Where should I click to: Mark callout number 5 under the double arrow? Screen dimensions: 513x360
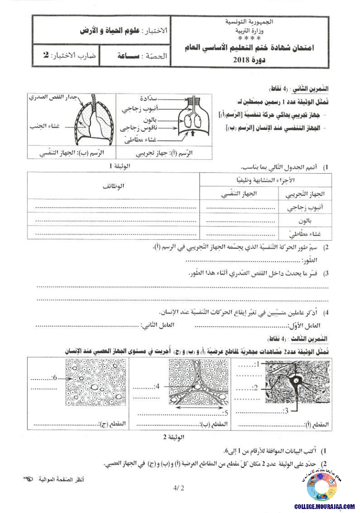pos(225,413)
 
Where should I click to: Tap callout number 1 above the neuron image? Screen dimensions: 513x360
pos(258,363)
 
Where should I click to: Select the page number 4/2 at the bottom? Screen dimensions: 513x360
pos(179,488)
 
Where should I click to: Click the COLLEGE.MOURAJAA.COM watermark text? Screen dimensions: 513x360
pos(325,506)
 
